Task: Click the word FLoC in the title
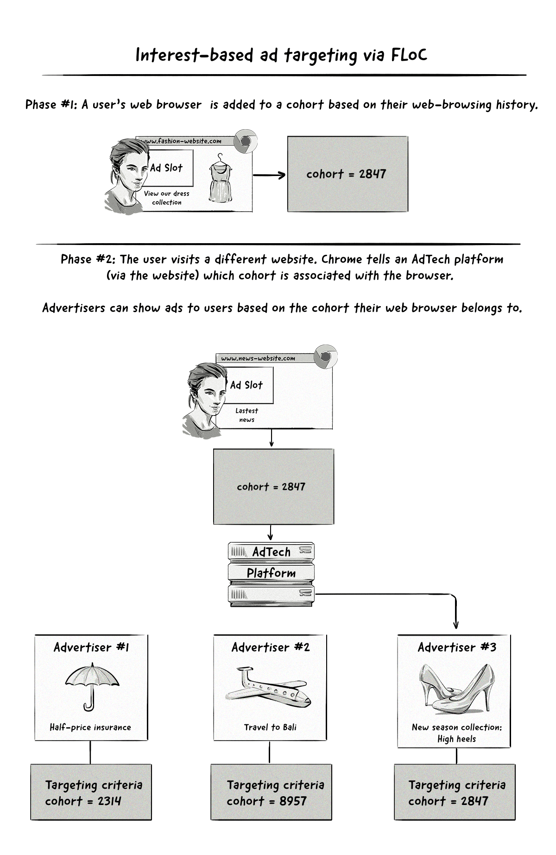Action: tap(409, 55)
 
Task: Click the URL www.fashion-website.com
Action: tap(181, 141)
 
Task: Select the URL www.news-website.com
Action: tap(258, 358)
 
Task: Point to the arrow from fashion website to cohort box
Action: tap(269, 175)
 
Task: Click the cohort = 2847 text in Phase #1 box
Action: tap(346, 174)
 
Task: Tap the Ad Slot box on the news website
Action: tap(246, 385)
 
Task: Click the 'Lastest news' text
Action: tap(246, 415)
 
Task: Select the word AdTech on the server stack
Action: tap(271, 552)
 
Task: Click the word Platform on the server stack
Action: tap(271, 573)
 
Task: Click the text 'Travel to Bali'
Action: tap(270, 727)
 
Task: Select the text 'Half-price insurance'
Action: tap(90, 727)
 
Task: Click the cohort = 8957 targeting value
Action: tap(266, 801)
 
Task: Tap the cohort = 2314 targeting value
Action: tap(83, 801)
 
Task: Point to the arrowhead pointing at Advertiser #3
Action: tap(456, 625)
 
